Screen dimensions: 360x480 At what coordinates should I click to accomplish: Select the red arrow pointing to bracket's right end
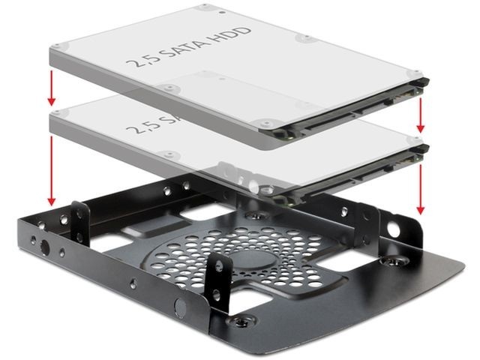click(421, 187)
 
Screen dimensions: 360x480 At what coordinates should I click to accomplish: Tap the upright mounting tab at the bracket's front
click(219, 274)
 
